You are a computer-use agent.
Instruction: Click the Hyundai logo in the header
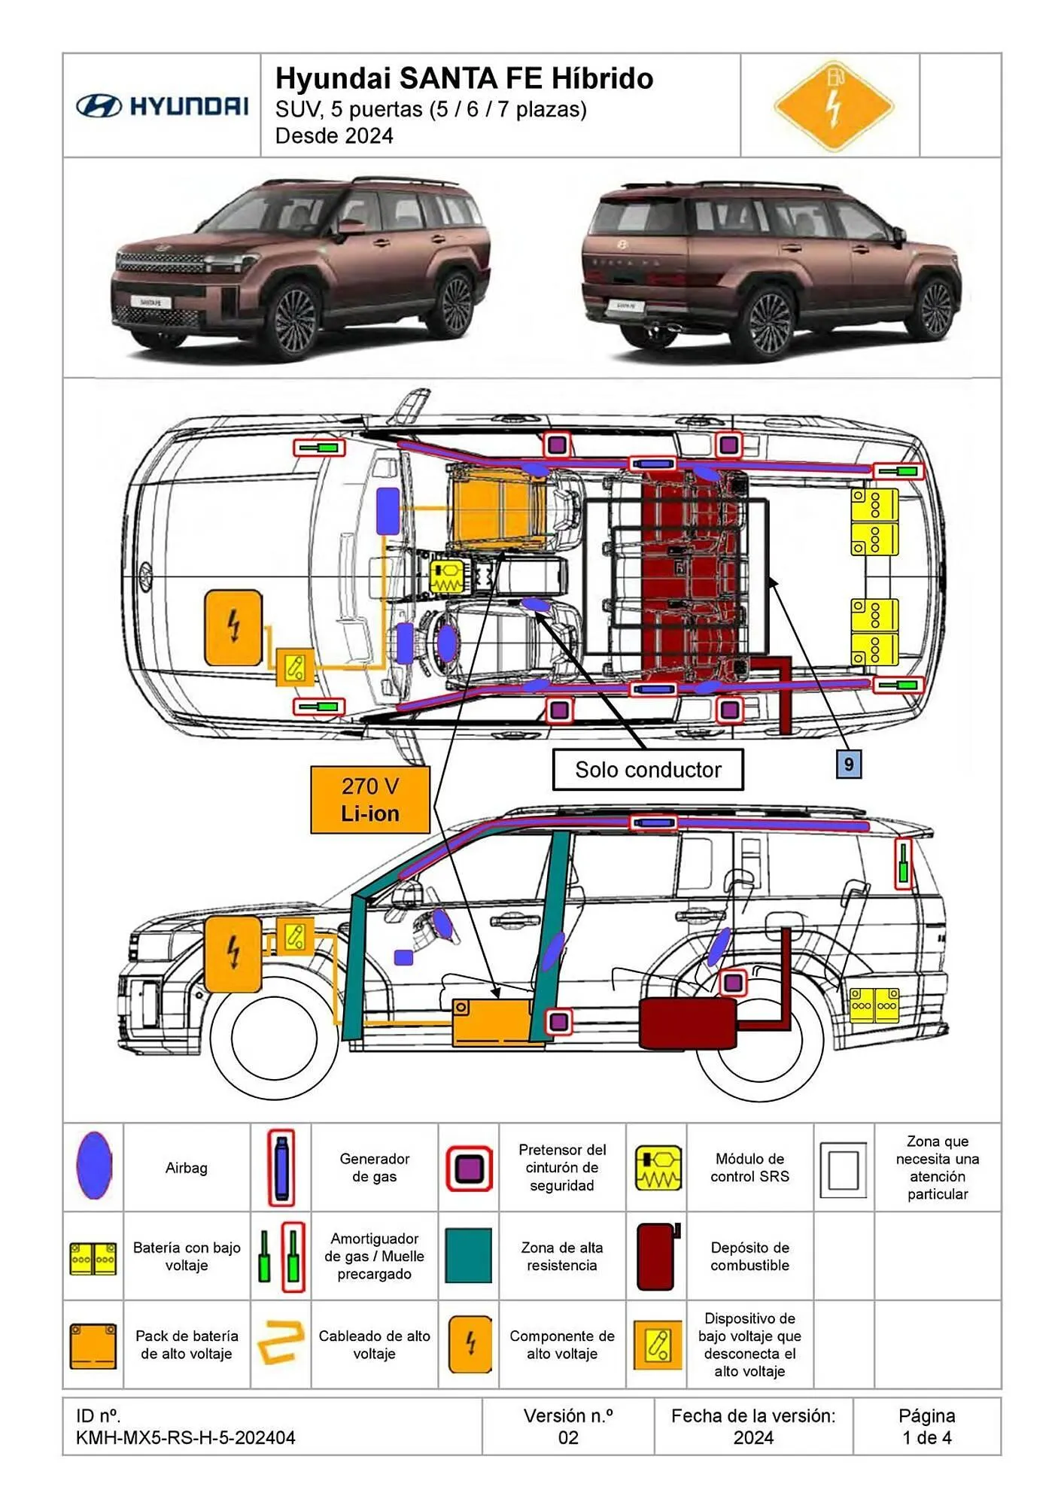click(x=162, y=106)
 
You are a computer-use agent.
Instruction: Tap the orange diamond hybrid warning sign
click(x=833, y=106)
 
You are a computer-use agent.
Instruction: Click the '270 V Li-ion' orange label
click(x=369, y=800)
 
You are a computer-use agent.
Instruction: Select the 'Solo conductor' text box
click(x=648, y=770)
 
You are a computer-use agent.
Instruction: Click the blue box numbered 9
click(x=848, y=765)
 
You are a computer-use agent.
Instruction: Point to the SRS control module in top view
click(x=447, y=577)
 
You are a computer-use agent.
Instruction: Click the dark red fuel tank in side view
click(x=687, y=1023)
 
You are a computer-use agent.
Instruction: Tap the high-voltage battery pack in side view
click(x=493, y=1022)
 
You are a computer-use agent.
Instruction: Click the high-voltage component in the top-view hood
click(x=233, y=627)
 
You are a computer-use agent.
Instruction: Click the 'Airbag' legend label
click(x=186, y=1168)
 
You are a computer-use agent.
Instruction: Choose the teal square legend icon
click(x=468, y=1256)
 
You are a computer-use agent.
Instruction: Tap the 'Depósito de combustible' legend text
click(x=749, y=1256)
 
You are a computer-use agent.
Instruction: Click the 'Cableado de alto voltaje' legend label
click(x=374, y=1345)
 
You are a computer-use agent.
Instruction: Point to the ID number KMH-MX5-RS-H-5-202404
click(x=185, y=1438)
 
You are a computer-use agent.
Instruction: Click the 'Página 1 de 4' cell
click(x=926, y=1427)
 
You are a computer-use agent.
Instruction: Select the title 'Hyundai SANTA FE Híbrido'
click(x=464, y=78)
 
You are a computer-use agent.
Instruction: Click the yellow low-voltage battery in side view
click(x=874, y=1005)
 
